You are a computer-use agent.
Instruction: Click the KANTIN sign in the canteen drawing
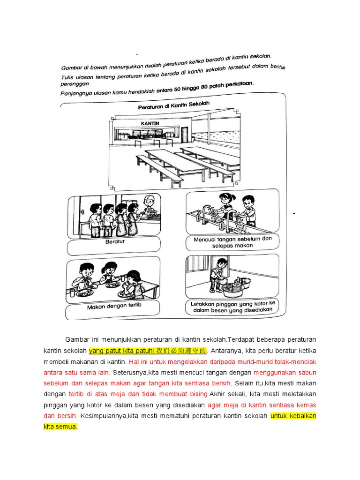click(x=150, y=123)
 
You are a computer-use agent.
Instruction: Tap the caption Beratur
click(x=113, y=242)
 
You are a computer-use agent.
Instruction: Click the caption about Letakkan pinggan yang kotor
click(x=232, y=306)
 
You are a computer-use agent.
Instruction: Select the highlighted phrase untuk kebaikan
click(x=293, y=415)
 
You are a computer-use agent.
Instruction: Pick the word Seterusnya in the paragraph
click(x=132, y=372)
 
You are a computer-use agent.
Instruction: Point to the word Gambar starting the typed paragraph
click(x=77, y=340)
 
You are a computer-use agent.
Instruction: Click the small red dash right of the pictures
click(x=294, y=214)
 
